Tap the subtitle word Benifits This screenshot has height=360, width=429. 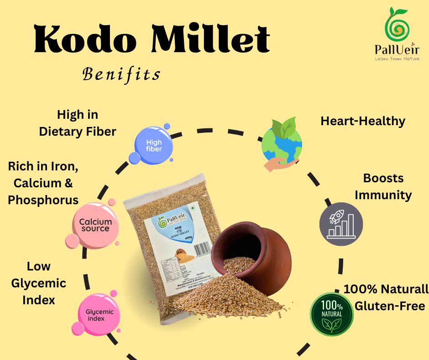coord(121,74)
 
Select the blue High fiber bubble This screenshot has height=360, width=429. coord(153,145)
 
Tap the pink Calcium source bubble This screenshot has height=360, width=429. coord(95,225)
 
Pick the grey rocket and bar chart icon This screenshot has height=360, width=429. coord(340,224)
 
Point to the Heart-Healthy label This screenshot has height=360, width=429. coord(363,121)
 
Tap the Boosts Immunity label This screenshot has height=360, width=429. coord(383,186)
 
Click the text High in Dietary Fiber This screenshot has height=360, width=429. coord(78,123)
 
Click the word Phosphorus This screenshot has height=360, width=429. coord(43,200)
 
